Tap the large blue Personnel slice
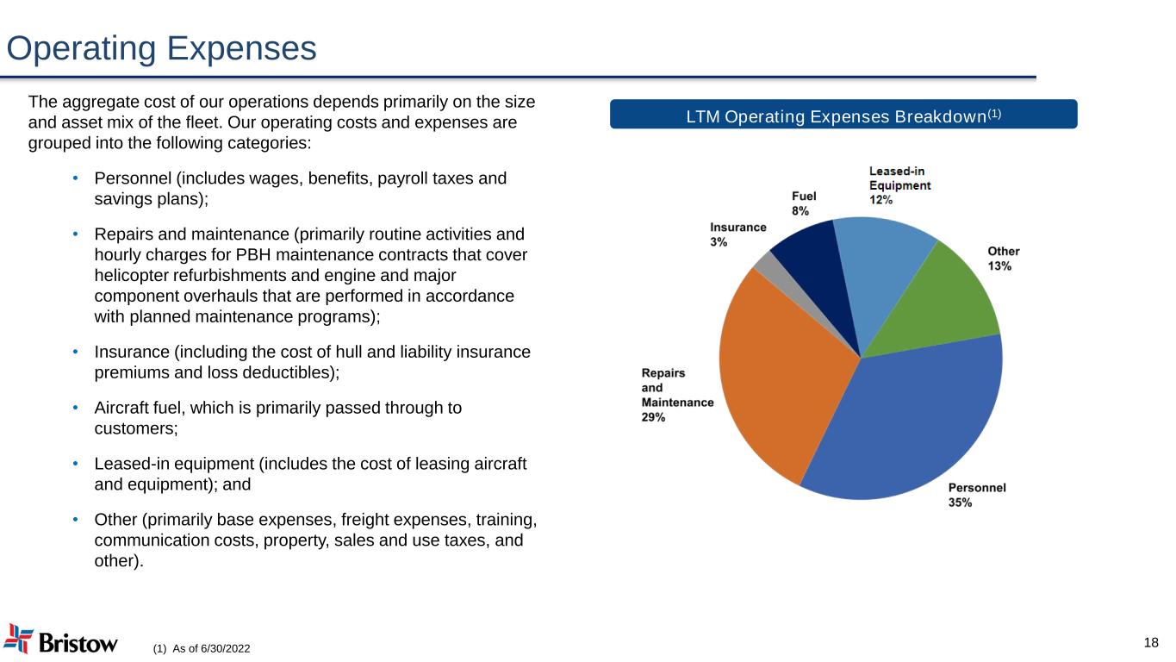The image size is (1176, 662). (x=913, y=422)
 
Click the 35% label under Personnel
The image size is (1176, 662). (x=961, y=502)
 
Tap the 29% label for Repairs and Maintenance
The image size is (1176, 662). (x=653, y=417)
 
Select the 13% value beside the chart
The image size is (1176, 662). (x=999, y=266)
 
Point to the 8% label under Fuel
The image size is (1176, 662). (x=800, y=209)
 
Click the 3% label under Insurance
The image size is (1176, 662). (x=719, y=242)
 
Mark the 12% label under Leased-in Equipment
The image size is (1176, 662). (x=880, y=199)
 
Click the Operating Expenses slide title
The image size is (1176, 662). (x=161, y=48)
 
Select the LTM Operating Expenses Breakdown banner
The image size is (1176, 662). (x=843, y=115)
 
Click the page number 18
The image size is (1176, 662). (x=1151, y=642)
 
